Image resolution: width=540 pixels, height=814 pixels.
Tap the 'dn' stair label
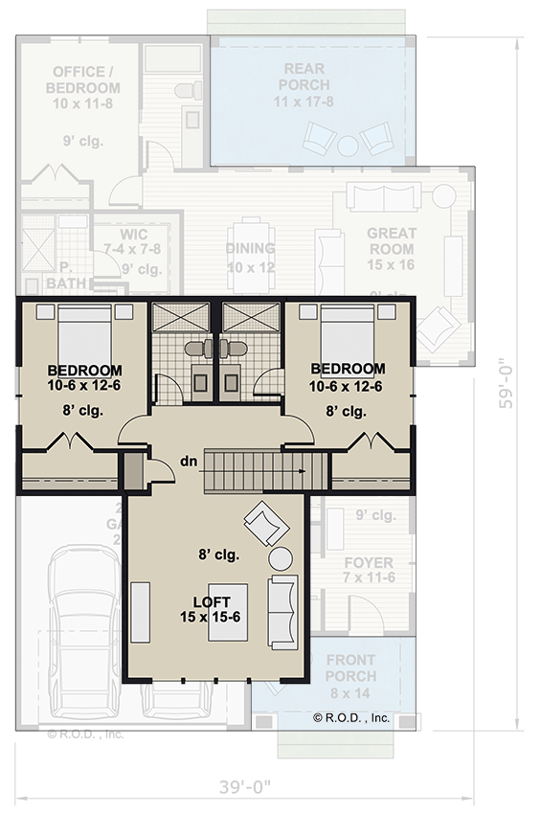[190, 463]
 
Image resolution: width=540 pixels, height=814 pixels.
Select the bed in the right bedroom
[347, 335]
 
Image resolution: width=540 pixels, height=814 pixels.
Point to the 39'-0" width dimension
[239, 787]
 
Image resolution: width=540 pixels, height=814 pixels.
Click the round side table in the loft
[281, 557]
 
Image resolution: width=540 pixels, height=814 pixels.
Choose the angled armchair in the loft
[265, 524]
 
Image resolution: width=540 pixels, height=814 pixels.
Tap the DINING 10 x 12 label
[250, 258]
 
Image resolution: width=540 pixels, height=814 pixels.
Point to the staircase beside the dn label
[257, 471]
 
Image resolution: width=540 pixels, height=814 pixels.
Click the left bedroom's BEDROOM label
[84, 378]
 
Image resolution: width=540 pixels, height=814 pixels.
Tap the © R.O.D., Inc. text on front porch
[351, 717]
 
